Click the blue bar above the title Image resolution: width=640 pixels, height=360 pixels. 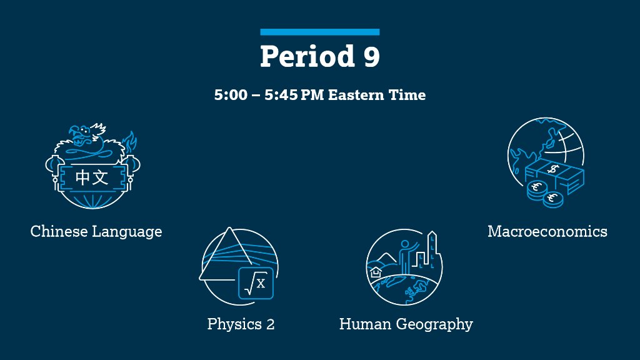(319, 32)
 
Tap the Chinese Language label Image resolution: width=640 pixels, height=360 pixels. (96, 231)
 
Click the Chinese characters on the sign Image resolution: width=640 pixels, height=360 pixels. (92, 177)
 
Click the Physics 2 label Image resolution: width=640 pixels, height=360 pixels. (241, 324)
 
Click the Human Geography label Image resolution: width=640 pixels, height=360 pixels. (406, 324)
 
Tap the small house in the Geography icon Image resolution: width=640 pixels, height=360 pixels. (376, 272)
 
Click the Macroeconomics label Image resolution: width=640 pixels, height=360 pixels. (547, 231)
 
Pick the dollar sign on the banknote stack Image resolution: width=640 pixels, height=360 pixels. (553, 169)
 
